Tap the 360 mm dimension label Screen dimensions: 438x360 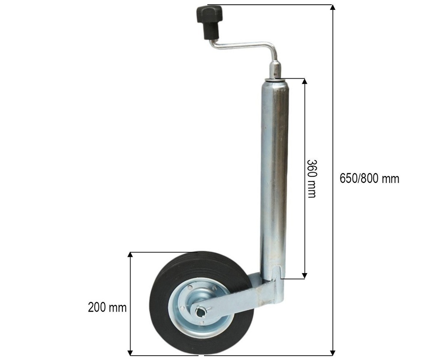tap(311, 179)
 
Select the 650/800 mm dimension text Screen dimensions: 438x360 tap(369, 179)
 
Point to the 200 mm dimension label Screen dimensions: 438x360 tap(107, 307)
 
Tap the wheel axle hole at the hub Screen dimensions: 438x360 tap(201, 312)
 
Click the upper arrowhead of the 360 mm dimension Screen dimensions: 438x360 tap(305, 81)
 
